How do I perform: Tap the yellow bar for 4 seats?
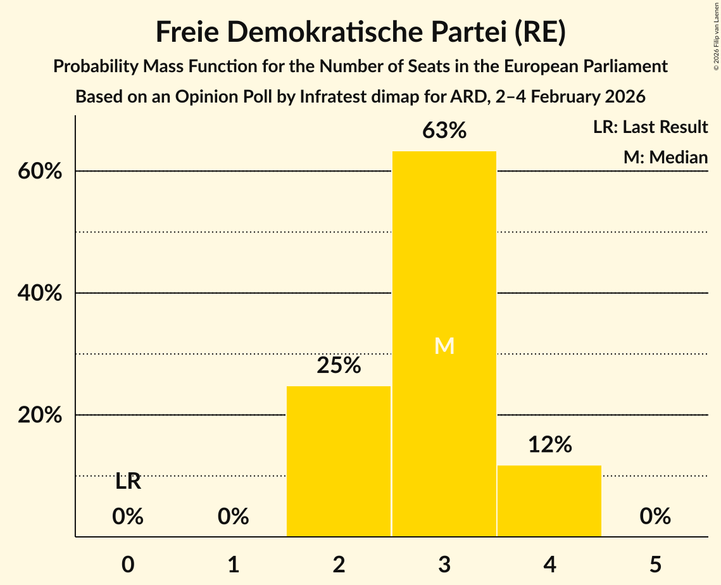point(549,501)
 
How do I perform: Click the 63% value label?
point(444,131)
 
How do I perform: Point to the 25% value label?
point(339,365)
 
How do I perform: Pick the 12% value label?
point(549,445)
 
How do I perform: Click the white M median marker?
point(444,346)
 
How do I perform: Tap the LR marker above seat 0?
point(128,482)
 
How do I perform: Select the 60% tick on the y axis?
point(44,172)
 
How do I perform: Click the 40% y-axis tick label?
point(44,294)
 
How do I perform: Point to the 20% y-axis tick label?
point(44,415)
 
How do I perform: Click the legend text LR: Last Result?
point(650,127)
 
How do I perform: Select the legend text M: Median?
point(665,157)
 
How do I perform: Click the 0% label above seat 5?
point(655,517)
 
